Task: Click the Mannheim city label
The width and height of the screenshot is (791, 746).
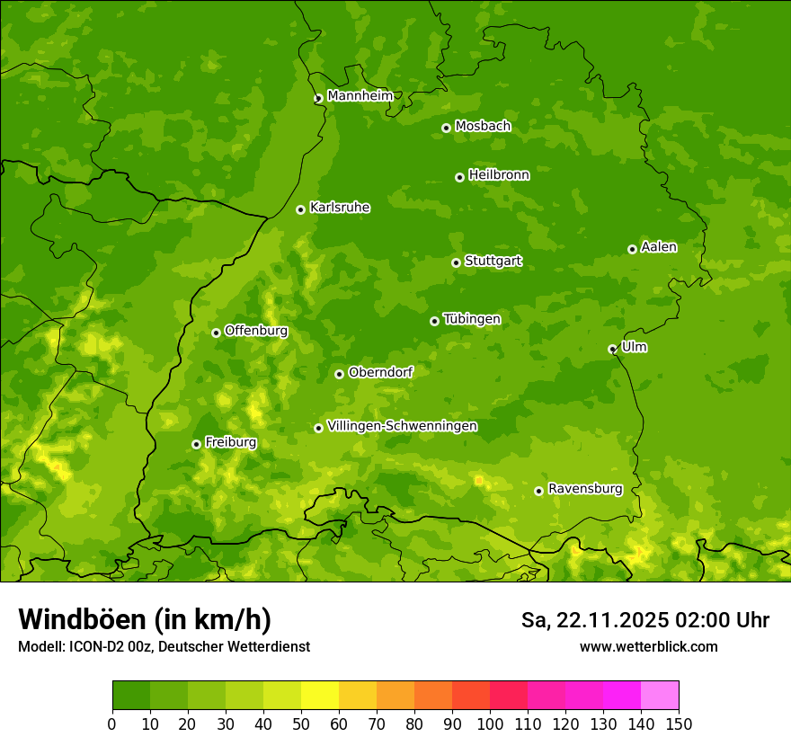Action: point(360,96)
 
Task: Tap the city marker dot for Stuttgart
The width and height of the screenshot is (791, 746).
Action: point(456,262)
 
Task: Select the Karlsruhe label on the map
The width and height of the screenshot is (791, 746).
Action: point(340,208)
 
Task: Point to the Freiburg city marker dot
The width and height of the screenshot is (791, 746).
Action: point(196,444)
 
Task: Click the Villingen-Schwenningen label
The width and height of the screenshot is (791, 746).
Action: point(403,426)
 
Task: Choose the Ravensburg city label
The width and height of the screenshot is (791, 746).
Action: point(585,489)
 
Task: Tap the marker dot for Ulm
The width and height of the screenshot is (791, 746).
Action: point(612,349)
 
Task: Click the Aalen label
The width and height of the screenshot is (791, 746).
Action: point(659,247)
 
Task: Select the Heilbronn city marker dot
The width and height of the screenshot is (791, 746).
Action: point(459,177)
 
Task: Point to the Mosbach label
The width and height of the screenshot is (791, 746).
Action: point(483,127)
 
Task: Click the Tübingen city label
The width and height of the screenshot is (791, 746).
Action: point(472,319)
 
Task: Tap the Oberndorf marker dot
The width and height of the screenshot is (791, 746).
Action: point(339,374)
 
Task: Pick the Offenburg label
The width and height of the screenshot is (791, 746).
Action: point(256,331)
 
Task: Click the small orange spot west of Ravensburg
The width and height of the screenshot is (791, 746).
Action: point(478,481)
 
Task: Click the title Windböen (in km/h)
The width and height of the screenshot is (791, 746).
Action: point(145,619)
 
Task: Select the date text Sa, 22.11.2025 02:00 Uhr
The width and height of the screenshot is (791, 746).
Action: point(644,620)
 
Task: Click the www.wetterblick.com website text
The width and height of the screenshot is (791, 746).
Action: point(648,646)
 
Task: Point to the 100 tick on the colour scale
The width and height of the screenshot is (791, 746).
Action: point(490,724)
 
